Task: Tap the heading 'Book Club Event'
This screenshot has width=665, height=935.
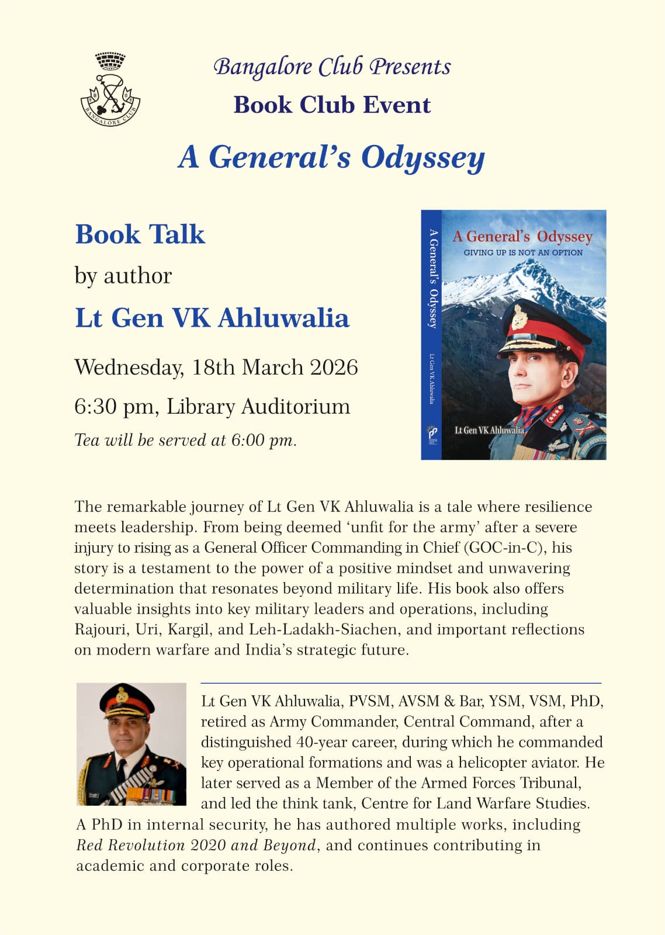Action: [332, 105]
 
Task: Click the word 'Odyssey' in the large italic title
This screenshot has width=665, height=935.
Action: [422, 158]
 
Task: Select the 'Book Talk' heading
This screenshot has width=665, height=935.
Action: [140, 234]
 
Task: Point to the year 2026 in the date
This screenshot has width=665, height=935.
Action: [334, 368]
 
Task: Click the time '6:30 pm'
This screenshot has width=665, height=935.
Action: [115, 407]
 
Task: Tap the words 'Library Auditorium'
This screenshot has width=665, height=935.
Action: [258, 407]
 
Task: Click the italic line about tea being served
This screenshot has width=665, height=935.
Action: [186, 440]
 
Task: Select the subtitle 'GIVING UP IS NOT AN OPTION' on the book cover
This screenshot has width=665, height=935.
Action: [523, 252]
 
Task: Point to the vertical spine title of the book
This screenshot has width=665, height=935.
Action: [432, 278]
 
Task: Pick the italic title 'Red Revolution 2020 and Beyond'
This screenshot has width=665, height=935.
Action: [196, 846]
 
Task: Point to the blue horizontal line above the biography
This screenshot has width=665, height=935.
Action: [401, 683]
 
